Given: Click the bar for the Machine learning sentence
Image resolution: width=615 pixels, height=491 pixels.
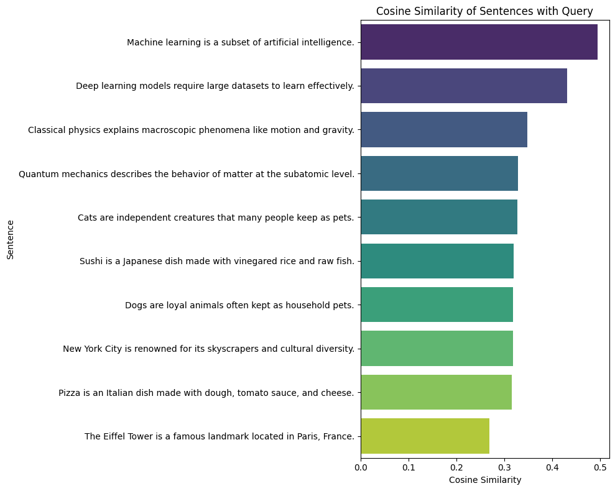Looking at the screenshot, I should point(479,42).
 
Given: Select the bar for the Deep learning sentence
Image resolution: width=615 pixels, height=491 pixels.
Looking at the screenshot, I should point(463,86).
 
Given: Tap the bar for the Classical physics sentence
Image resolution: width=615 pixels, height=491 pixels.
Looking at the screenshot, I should point(443,130).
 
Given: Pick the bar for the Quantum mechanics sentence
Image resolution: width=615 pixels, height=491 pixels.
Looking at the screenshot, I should point(439,173).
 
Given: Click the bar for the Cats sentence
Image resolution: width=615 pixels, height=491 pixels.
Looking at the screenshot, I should point(438,217).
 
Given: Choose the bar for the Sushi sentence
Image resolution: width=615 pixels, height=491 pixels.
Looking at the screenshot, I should point(437,261).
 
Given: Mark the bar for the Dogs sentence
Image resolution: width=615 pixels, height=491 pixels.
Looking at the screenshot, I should point(437,305).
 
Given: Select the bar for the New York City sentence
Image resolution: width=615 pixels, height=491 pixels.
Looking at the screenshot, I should point(437,348).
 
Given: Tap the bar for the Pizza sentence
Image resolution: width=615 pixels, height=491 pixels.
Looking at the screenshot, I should point(436,392).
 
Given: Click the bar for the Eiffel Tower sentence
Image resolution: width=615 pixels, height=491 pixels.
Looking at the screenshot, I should point(425,436).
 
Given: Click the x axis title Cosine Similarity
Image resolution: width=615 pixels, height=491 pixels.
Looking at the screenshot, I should point(484,480).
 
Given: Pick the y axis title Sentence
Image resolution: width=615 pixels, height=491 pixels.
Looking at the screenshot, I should point(11,239).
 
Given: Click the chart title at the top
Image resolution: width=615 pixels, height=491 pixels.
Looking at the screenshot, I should point(484,11).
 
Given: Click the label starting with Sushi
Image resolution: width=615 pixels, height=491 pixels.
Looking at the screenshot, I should point(216,261).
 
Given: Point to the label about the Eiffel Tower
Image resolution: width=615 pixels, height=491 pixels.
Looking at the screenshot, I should point(219,436).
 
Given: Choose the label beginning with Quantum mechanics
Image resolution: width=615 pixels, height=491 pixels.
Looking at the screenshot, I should point(186,174).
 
